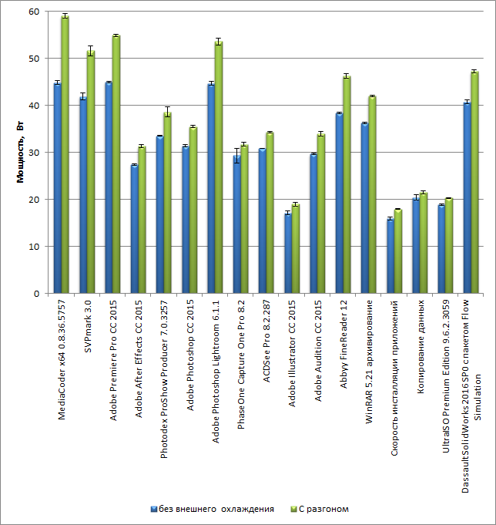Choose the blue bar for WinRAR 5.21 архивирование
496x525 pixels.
364,208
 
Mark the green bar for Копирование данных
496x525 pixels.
423,243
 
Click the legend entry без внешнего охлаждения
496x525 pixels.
212,509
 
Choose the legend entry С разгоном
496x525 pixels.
323,509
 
